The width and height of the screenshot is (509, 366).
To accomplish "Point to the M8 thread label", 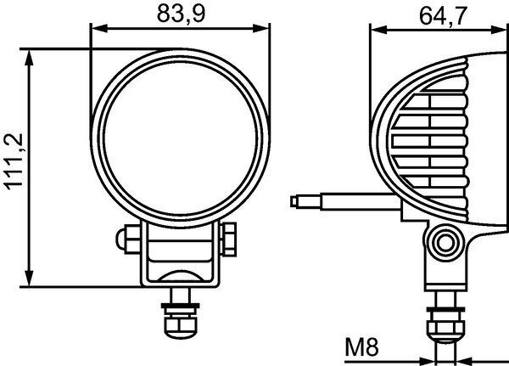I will (x=363, y=346).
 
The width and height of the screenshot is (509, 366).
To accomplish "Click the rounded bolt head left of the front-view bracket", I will (x=125, y=235).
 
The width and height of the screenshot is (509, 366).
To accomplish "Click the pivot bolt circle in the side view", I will (x=443, y=244).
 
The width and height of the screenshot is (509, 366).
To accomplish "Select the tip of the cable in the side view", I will (x=294, y=202).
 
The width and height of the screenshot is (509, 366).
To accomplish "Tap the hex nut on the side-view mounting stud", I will (x=444, y=323).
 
